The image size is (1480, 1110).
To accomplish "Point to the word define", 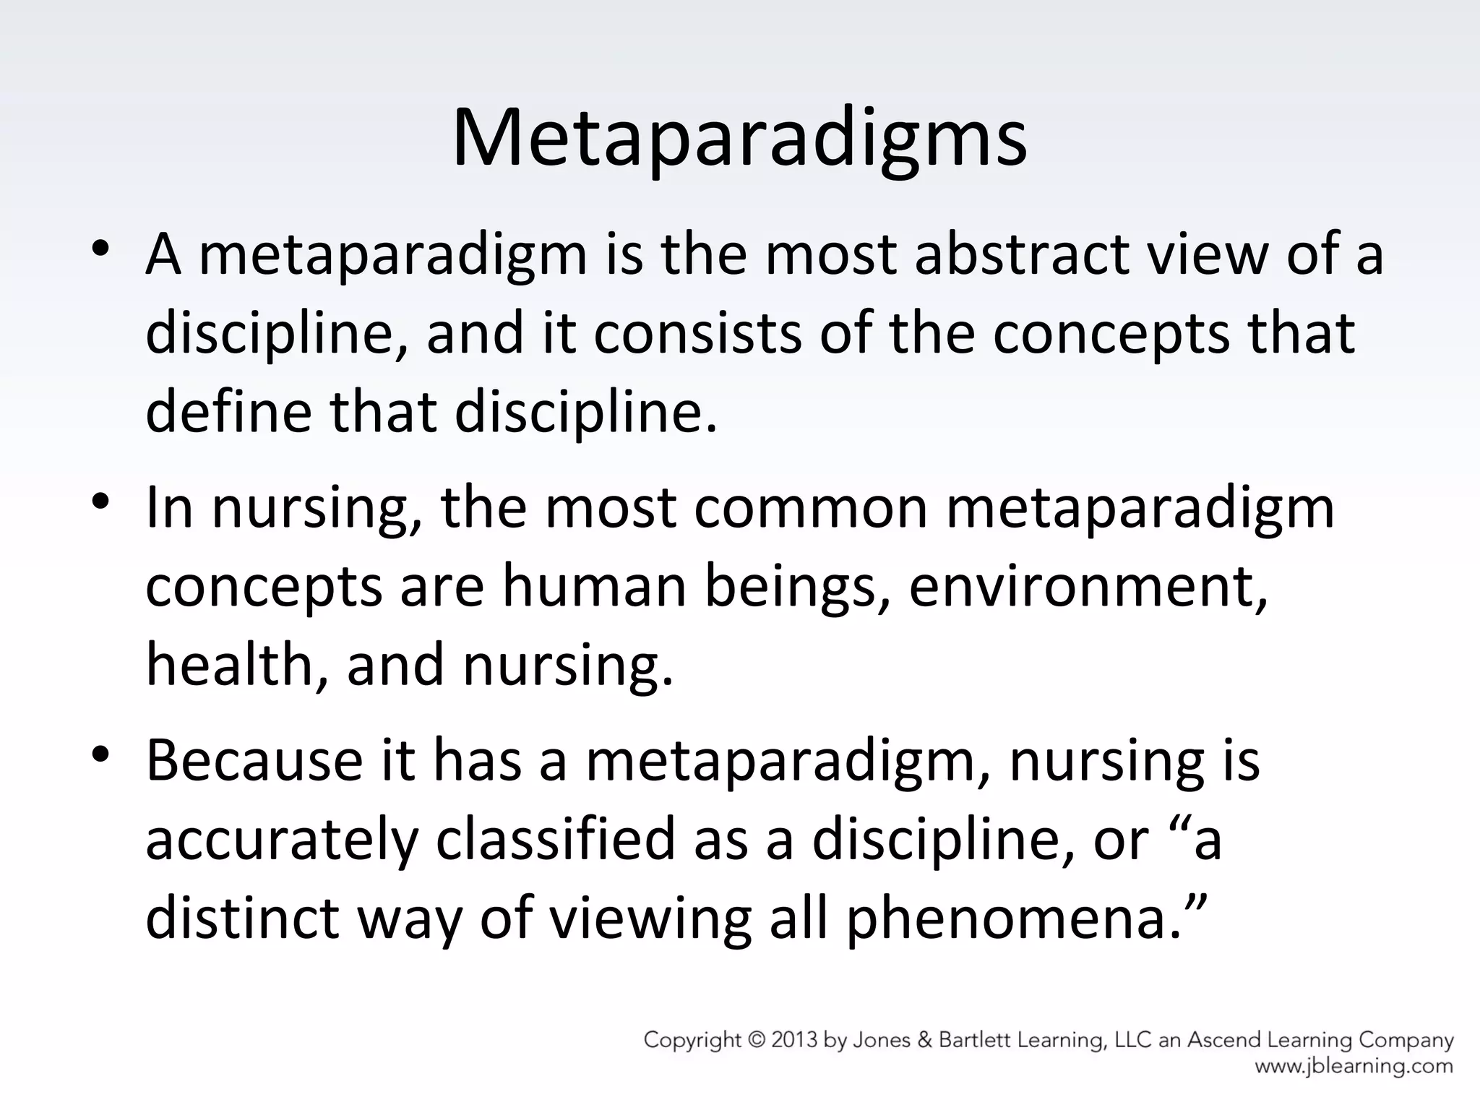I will [x=229, y=411].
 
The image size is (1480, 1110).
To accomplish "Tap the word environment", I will [x=1088, y=586].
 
